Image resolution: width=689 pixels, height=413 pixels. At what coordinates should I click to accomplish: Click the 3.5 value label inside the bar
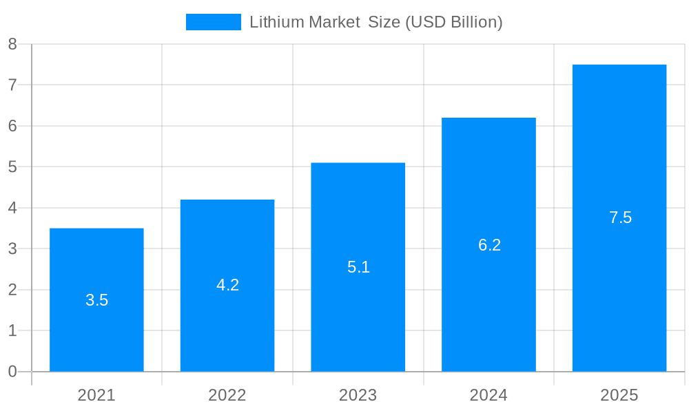tap(96, 300)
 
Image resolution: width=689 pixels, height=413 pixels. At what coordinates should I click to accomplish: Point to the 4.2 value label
tap(227, 285)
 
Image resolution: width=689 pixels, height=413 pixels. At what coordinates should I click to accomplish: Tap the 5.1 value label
tap(358, 267)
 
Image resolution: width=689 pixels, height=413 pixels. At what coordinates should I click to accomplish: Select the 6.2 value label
tap(489, 245)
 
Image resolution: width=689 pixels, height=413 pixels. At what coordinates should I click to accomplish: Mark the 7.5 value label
tap(620, 218)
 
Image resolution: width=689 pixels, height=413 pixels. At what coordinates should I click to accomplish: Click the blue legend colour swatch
tap(214, 22)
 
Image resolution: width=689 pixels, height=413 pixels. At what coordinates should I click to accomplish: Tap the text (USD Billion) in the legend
tap(453, 22)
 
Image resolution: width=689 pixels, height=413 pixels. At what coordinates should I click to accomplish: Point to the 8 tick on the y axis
tap(12, 45)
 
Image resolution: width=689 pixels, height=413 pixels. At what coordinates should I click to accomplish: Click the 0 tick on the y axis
tap(12, 372)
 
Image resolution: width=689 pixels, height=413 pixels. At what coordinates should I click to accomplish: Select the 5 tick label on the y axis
tap(12, 167)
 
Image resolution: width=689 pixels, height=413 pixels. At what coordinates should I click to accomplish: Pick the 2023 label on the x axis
tap(358, 395)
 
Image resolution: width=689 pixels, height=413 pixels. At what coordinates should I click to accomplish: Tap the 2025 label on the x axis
tap(619, 395)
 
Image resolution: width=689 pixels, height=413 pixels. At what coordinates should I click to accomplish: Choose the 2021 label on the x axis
tap(96, 395)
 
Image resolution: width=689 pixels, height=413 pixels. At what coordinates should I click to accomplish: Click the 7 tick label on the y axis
tap(12, 85)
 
